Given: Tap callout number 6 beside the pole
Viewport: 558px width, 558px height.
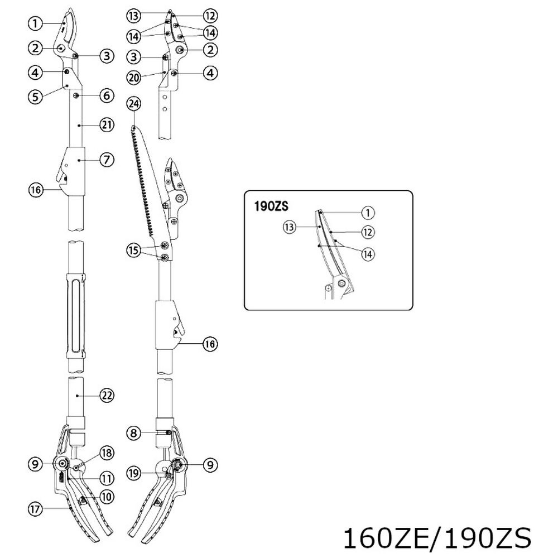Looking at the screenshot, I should pyautogui.click(x=107, y=96).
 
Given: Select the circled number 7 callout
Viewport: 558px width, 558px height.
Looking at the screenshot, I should pyautogui.click(x=107, y=160).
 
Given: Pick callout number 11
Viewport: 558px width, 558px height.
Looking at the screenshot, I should pyautogui.click(x=107, y=478).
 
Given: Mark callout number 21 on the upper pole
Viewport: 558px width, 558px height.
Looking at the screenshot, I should pyautogui.click(x=107, y=126).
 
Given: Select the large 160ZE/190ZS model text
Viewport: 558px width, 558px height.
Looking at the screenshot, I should pyautogui.click(x=436, y=539).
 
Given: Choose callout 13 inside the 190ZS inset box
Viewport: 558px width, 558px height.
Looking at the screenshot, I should pyautogui.click(x=288, y=227).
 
